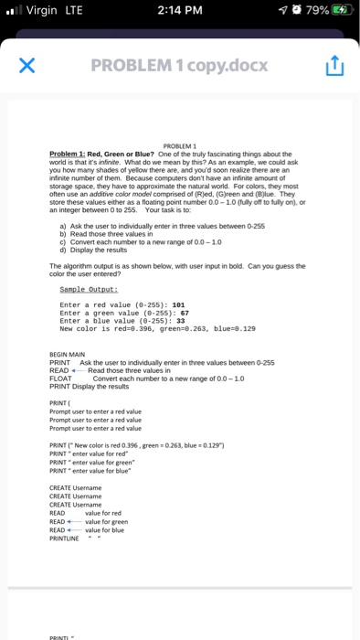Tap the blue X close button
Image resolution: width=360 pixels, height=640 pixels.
tap(27, 67)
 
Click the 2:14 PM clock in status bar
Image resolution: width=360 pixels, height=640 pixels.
tap(179, 14)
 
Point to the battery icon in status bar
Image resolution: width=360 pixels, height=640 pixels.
tap(339, 14)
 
